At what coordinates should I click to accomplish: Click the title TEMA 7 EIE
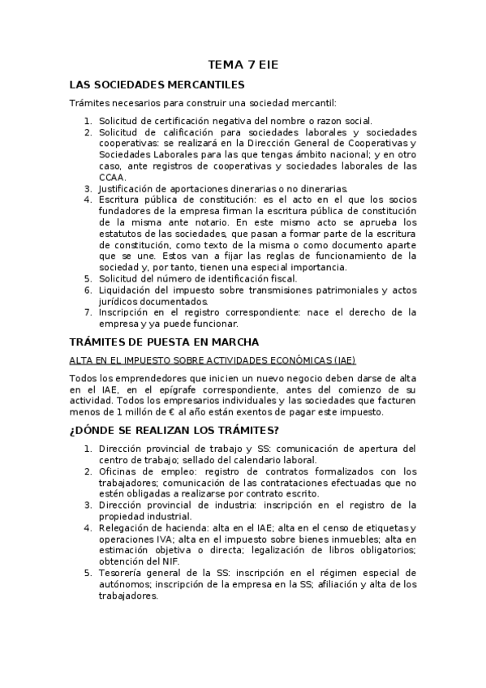click(243, 64)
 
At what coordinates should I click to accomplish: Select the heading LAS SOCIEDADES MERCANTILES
click(157, 84)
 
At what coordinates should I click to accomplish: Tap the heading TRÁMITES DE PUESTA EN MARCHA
click(164, 342)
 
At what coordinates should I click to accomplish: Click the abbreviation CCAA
click(113, 177)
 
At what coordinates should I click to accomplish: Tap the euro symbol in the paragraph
click(153, 412)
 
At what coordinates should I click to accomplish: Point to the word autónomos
click(123, 584)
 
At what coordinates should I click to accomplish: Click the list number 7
click(88, 312)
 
